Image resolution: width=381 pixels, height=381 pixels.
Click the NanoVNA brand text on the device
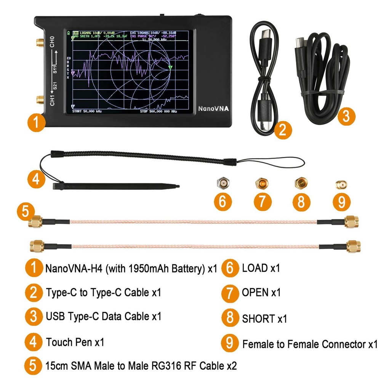click(x=213, y=109)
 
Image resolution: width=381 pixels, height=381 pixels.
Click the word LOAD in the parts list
click(x=255, y=268)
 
